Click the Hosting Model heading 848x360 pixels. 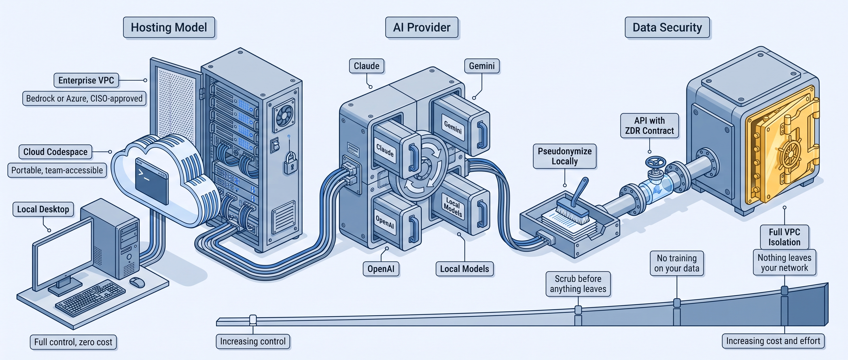(169, 27)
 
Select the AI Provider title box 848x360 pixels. (422, 27)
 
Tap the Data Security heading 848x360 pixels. (667, 27)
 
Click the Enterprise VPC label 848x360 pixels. (86, 80)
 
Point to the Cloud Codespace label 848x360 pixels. (55, 152)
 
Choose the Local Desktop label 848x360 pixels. (43, 209)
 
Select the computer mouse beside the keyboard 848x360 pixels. (137, 282)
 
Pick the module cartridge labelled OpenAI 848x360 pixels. (397, 221)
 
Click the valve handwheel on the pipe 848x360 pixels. (656, 162)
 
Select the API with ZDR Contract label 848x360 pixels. (649, 125)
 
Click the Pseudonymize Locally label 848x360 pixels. (565, 156)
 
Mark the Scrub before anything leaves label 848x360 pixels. (578, 284)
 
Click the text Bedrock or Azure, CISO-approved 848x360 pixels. (84, 99)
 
